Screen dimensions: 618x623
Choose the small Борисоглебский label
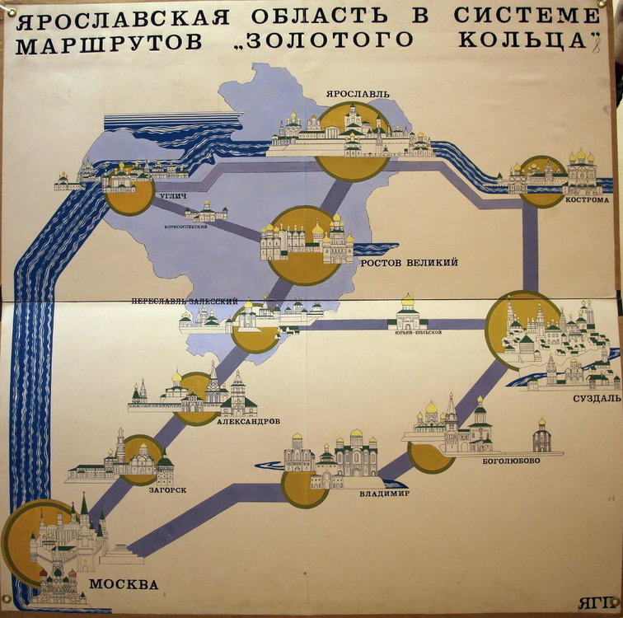(x=187, y=227)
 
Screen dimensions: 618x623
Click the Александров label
(x=249, y=421)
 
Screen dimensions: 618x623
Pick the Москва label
(x=124, y=585)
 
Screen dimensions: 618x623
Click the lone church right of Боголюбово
(x=541, y=437)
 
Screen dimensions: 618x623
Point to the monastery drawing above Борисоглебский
(x=206, y=213)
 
